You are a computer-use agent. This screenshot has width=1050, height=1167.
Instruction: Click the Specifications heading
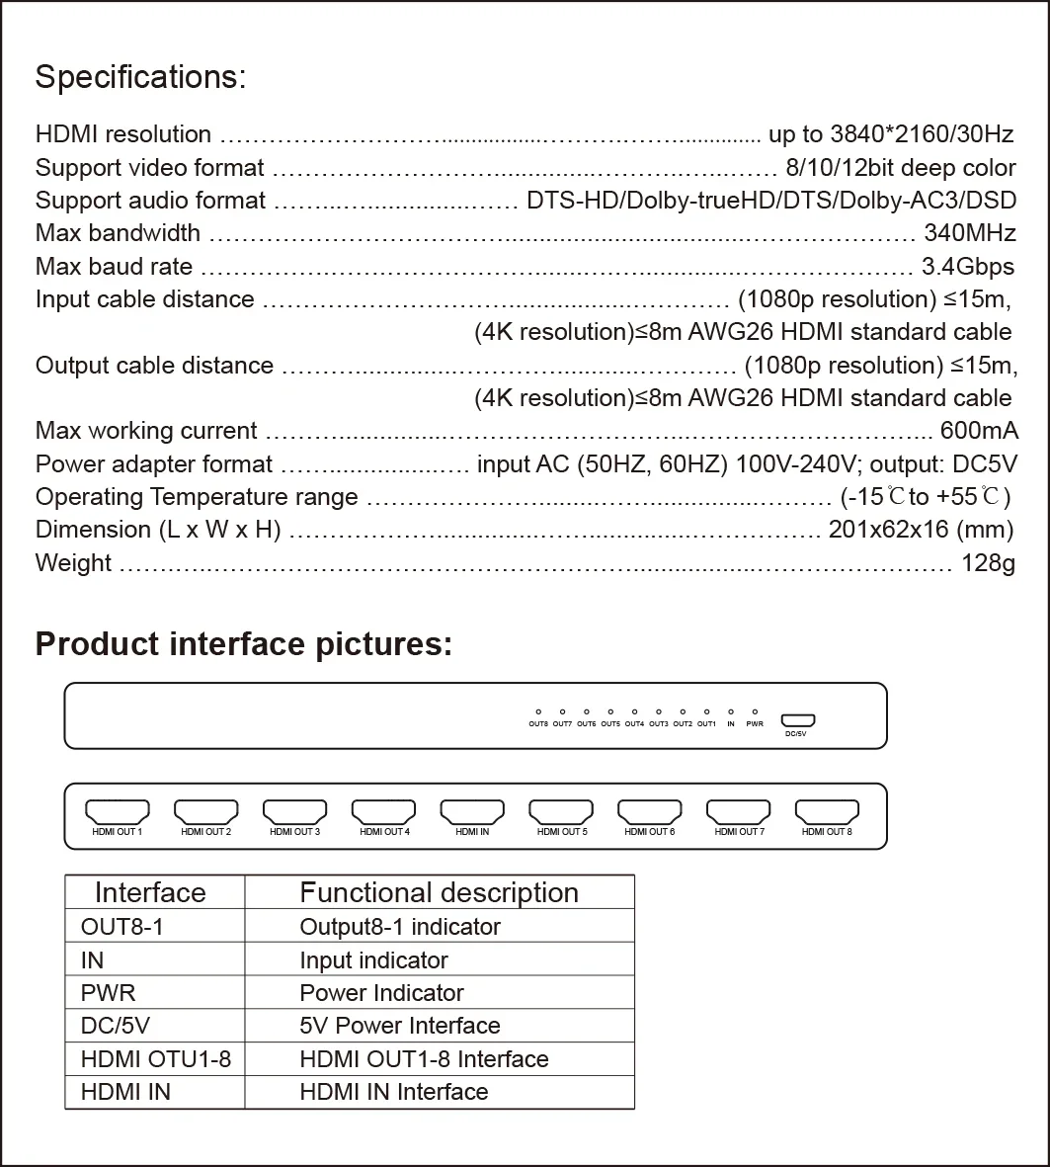(140, 77)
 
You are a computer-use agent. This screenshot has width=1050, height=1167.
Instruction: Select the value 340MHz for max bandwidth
(969, 233)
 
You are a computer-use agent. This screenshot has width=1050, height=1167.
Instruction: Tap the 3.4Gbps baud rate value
(967, 266)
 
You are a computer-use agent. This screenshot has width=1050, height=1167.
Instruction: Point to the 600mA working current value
(978, 431)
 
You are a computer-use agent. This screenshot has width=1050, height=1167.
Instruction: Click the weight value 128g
(988, 562)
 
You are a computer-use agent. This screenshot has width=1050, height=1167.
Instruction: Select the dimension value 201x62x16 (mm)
(921, 530)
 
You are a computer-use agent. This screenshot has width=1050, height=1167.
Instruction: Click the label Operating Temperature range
(197, 497)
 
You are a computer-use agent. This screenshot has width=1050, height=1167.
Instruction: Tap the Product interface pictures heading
(244, 644)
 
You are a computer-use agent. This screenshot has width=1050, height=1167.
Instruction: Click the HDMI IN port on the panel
(472, 812)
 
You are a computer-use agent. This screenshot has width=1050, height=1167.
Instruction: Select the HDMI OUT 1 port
(118, 812)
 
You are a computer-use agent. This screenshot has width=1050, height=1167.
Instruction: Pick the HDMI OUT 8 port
(827, 812)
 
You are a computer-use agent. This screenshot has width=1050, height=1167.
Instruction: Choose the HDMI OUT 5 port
(561, 812)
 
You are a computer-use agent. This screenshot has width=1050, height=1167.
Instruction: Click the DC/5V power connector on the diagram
(796, 720)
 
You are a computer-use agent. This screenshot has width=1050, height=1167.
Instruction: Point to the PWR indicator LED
(755, 711)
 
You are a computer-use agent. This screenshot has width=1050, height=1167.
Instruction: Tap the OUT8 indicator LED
(538, 711)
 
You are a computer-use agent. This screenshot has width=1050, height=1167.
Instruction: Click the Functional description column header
(439, 892)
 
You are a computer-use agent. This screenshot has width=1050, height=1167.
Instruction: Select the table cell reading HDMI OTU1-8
(156, 1059)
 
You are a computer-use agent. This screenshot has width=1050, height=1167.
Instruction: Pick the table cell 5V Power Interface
(399, 1026)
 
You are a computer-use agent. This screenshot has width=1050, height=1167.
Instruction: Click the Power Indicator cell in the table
(381, 993)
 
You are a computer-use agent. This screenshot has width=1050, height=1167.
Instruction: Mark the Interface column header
(150, 892)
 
